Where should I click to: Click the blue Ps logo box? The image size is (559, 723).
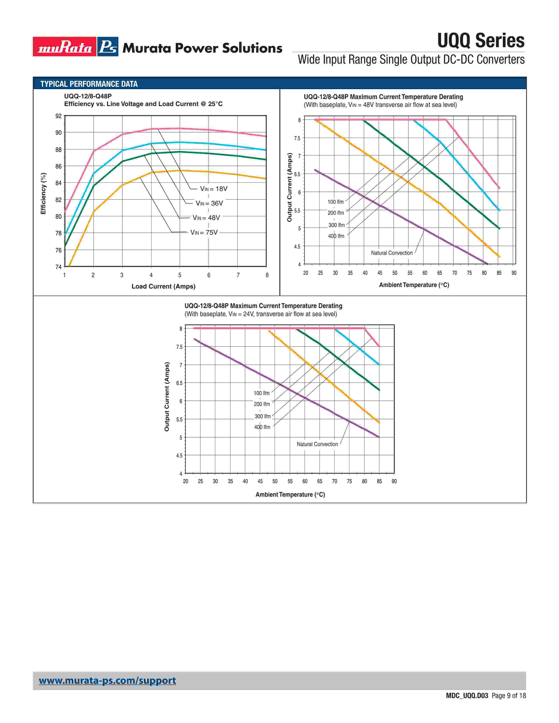pos(108,47)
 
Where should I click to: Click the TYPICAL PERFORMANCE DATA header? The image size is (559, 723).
pos(89,84)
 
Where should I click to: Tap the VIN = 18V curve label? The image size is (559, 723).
pos(214,189)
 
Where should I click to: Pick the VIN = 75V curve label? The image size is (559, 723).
pos(204,232)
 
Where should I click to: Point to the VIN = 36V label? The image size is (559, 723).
pos(209,203)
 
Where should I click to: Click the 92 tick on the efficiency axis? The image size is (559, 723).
pos(59,116)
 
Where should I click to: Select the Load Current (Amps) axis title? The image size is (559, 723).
pos(163,286)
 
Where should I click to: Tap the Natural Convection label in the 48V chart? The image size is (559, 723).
pos(392,253)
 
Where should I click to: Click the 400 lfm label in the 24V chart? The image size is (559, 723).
pos(262,427)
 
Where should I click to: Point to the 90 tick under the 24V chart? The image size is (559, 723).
pos(394,481)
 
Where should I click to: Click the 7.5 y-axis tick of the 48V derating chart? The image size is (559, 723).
pos(297,138)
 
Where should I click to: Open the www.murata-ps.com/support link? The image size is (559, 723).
pos(107,681)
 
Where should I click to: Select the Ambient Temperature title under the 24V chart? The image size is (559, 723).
pos(290,494)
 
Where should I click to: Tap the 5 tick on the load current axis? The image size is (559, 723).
pos(180,275)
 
